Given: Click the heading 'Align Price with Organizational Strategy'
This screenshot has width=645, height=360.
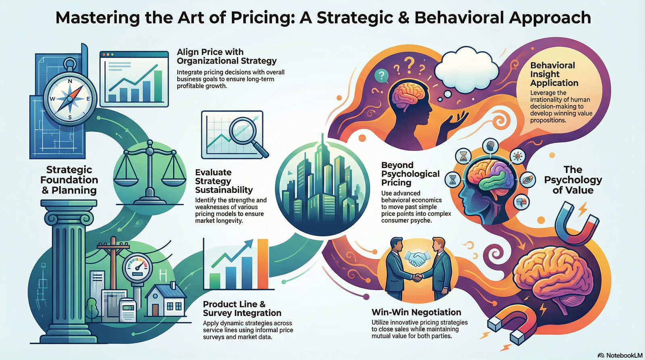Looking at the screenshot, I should click(x=227, y=56).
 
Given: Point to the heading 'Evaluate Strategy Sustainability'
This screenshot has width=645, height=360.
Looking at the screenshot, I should click(x=224, y=181).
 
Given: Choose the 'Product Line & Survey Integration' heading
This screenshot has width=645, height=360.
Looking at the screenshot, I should click(x=242, y=308).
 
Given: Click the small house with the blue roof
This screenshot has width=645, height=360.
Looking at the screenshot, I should click(x=165, y=300).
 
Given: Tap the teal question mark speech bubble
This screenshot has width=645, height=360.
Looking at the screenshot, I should click(x=381, y=75).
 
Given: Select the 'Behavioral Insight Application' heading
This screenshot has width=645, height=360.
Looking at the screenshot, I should click(x=554, y=74).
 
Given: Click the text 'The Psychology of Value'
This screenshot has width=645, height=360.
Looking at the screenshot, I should click(x=573, y=180).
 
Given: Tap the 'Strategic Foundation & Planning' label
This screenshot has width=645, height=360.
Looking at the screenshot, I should click(x=69, y=180).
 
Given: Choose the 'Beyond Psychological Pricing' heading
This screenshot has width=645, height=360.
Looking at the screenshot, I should click(x=410, y=174).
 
